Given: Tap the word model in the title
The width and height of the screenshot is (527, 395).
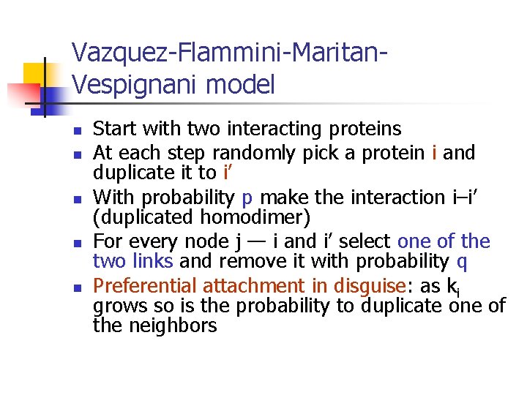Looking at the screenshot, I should pos(241,85).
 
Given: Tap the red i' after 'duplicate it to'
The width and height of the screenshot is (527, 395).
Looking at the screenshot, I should pos(228,173).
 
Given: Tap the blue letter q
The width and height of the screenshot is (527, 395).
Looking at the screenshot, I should pos(462,262).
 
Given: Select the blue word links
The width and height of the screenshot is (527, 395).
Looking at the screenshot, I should pos(152,261).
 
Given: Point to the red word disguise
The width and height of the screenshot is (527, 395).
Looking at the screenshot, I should pos(369,286).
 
